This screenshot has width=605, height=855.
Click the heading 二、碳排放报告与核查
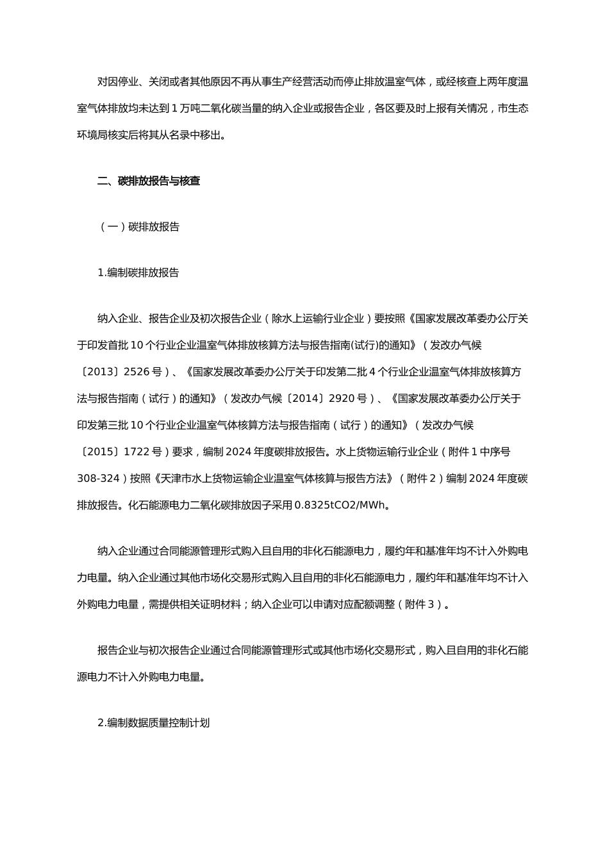coord(149,181)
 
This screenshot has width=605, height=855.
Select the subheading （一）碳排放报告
coord(138,227)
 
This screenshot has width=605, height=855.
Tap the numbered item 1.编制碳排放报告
coord(138,272)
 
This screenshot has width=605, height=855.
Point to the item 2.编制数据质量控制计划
coord(153,723)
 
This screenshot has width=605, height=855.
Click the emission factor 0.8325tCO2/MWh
coord(340,505)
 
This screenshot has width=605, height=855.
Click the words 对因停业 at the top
coord(118,82)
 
